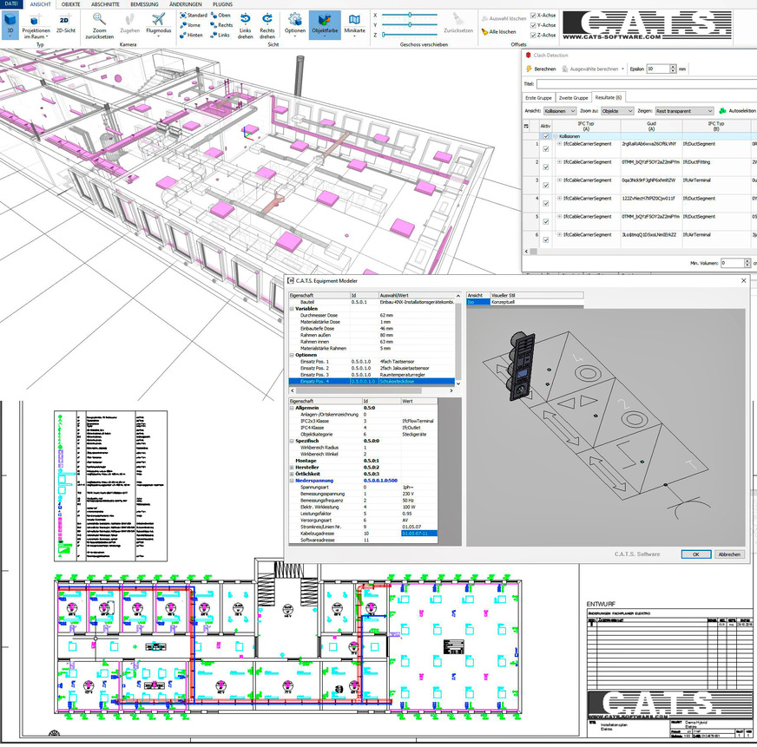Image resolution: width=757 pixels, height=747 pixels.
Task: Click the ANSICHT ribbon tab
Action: (40, 4)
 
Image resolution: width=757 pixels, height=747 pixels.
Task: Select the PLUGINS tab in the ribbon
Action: (222, 4)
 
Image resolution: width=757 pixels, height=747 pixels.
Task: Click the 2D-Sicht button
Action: (65, 24)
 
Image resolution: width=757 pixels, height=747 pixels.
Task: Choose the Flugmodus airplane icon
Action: (158, 24)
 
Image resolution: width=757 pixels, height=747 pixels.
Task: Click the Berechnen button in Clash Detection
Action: (541, 69)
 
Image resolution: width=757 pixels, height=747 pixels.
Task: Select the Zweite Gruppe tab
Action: (573, 97)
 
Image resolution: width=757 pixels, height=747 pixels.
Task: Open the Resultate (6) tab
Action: (609, 97)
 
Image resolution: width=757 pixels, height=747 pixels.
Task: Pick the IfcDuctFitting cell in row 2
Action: (700, 162)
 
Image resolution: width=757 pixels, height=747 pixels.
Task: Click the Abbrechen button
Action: (728, 554)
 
